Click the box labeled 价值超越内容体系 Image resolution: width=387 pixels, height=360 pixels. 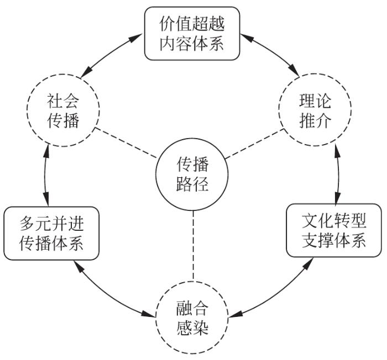click(x=192, y=33)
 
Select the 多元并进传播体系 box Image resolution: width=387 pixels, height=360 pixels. click(x=51, y=233)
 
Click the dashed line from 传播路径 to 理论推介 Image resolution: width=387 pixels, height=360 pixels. click(x=255, y=145)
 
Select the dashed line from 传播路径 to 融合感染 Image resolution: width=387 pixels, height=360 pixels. click(x=192, y=243)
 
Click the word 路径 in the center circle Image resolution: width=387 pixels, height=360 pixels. click(x=192, y=183)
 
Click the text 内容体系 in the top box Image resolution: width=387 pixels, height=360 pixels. click(x=192, y=43)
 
